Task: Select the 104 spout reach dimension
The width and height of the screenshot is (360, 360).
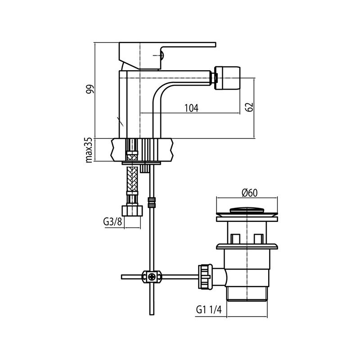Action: coord(191,108)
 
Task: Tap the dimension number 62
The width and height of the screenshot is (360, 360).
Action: coord(250,107)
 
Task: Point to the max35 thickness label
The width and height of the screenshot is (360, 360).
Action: coord(89,150)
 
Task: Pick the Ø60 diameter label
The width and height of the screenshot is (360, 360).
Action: coord(248,193)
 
